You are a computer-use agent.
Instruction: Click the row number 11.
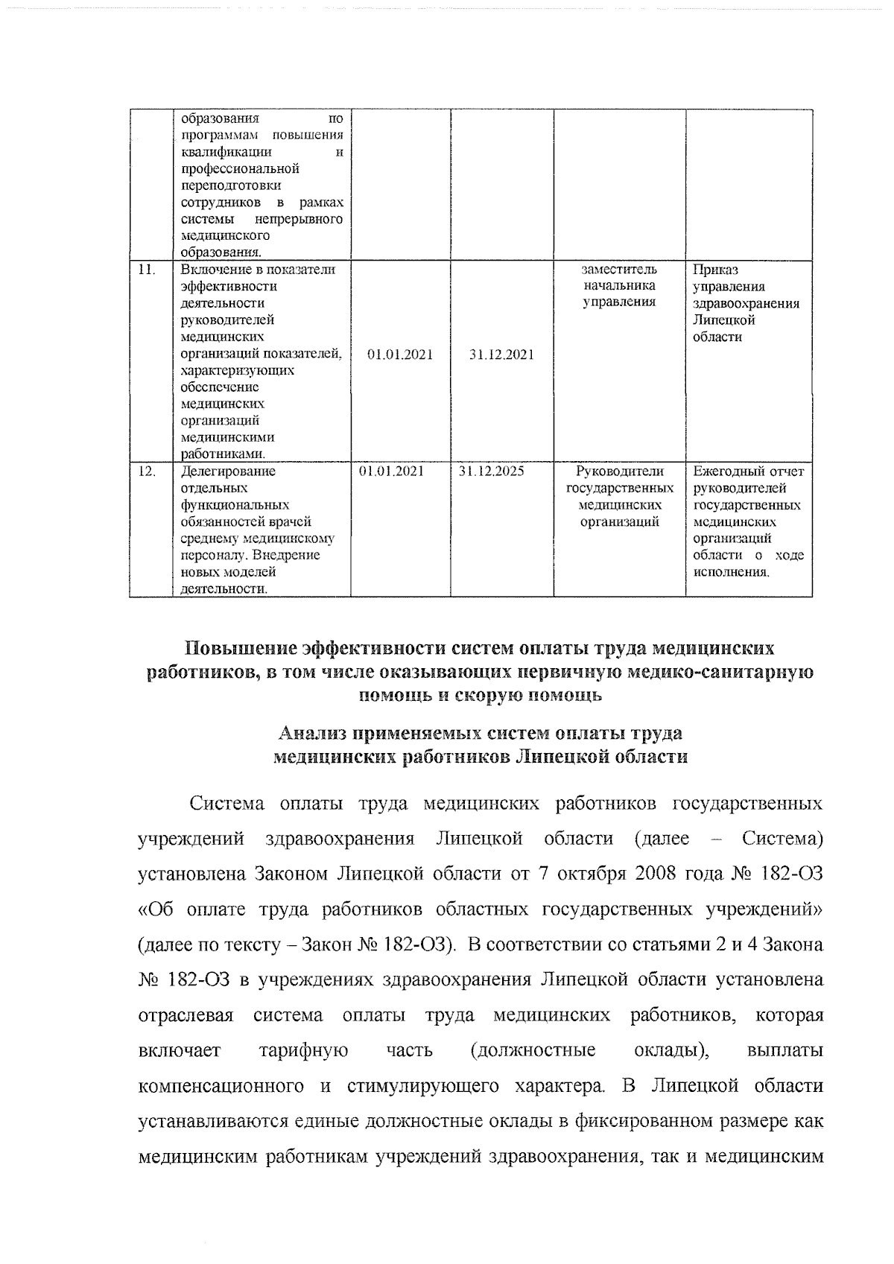146,270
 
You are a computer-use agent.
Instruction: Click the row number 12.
147,471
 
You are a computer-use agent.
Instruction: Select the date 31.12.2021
501,355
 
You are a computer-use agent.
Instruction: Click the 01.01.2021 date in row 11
400,355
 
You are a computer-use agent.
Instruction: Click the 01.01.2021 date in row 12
391,471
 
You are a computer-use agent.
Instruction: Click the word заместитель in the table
619,270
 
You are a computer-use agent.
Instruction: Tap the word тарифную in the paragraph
303,1051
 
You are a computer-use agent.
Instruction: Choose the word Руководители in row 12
620,471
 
